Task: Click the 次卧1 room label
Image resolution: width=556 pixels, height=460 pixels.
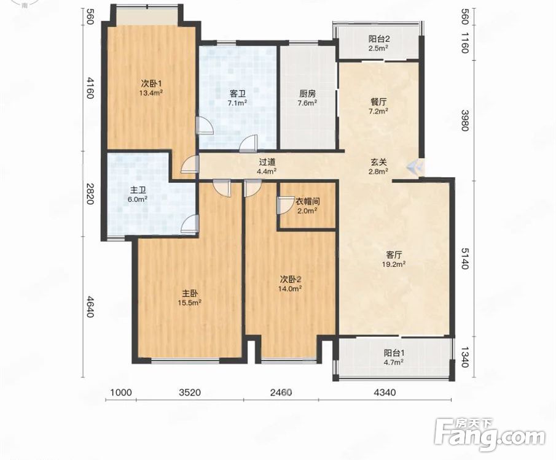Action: (151, 84)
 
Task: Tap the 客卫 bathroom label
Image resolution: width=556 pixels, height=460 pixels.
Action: (237, 94)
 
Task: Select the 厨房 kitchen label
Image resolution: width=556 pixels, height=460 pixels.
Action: (307, 94)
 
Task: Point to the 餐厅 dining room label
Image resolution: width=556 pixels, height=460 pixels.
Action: (378, 102)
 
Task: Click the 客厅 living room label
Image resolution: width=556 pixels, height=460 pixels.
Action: (394, 255)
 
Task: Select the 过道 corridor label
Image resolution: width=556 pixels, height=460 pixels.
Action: (267, 163)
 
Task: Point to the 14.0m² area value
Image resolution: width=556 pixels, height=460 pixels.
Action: (290, 289)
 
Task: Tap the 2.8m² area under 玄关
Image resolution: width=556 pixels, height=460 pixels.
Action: (378, 171)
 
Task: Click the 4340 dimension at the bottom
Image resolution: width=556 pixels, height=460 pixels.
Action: (385, 393)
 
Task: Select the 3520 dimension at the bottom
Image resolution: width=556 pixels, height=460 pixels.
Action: (190, 393)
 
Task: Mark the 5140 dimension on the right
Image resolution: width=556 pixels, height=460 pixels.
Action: (465, 258)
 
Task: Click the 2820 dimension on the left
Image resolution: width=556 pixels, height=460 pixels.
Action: (89, 194)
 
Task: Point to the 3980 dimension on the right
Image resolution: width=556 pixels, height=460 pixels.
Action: (465, 120)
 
